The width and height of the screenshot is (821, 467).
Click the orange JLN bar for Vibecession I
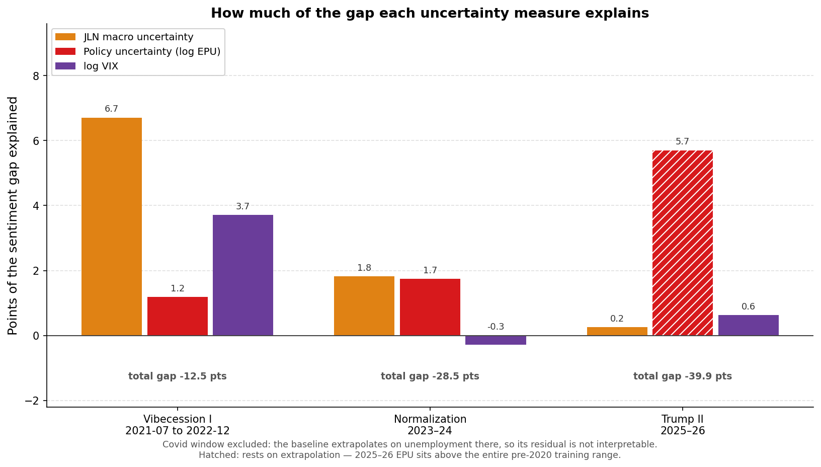click(x=111, y=226)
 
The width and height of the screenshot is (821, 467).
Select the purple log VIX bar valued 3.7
click(x=242, y=275)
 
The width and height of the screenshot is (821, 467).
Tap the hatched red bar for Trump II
click(x=683, y=243)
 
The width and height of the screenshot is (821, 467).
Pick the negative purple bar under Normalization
click(x=496, y=340)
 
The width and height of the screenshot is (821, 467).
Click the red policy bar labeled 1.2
click(x=178, y=316)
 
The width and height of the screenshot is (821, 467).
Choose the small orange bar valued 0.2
click(x=617, y=331)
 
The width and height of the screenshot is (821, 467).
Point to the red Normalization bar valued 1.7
click(x=430, y=307)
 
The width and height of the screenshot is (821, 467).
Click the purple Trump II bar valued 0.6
click(x=748, y=325)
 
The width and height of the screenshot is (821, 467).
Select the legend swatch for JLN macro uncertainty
click(x=65, y=37)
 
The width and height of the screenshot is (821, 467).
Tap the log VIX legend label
click(x=101, y=66)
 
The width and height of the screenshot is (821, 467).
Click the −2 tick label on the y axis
click(x=32, y=401)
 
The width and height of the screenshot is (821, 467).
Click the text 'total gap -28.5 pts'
click(x=430, y=376)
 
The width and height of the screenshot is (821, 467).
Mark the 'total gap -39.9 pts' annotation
click(x=683, y=376)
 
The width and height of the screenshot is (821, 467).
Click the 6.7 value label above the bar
click(x=111, y=109)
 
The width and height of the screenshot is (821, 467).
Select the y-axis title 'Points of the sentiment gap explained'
click(x=13, y=215)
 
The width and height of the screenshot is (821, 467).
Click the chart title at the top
click(x=430, y=13)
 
